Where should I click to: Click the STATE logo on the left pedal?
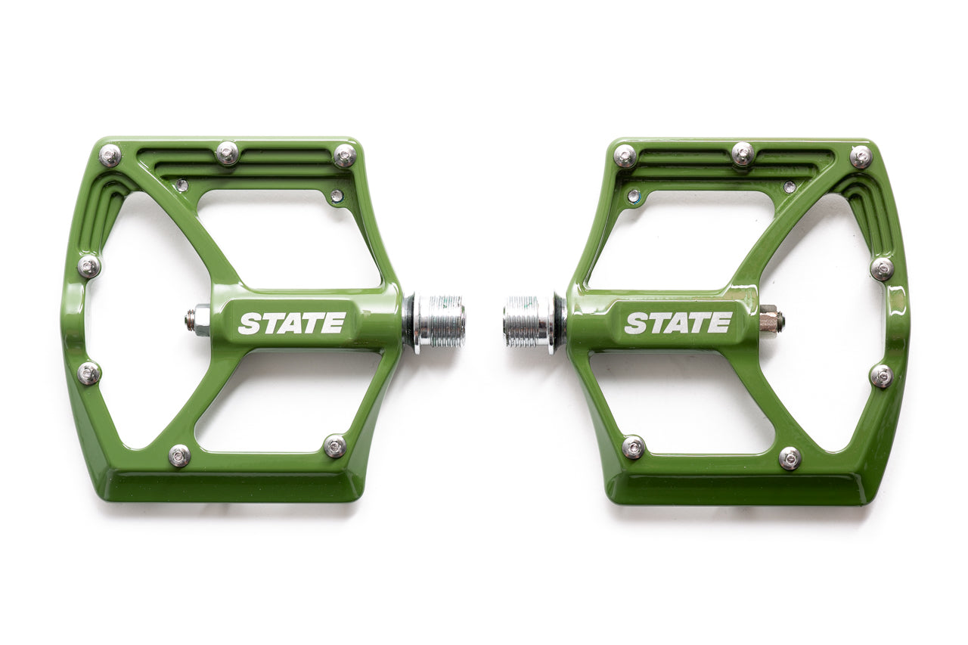[x=292, y=323]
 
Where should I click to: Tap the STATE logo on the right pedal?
[x=678, y=323]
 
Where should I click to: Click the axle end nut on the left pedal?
[x=199, y=320]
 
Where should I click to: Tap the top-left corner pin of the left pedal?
[x=110, y=155]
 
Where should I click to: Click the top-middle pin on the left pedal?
[x=227, y=153]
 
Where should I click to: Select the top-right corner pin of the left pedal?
[x=345, y=155]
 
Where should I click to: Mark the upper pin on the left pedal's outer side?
[x=88, y=266]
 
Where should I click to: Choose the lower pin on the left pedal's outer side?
[x=88, y=373]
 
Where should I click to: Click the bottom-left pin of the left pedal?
[x=179, y=455]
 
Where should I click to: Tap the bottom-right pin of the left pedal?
[x=335, y=446]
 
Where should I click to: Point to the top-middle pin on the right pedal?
[x=743, y=153]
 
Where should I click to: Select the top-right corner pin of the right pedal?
[x=861, y=157]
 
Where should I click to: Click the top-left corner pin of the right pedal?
[x=625, y=156]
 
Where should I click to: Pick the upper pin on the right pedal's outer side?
[x=882, y=268]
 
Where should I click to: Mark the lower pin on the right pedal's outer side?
[x=881, y=376]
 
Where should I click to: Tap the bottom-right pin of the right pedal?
[x=790, y=457]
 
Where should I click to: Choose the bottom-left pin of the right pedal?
[x=633, y=447]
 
